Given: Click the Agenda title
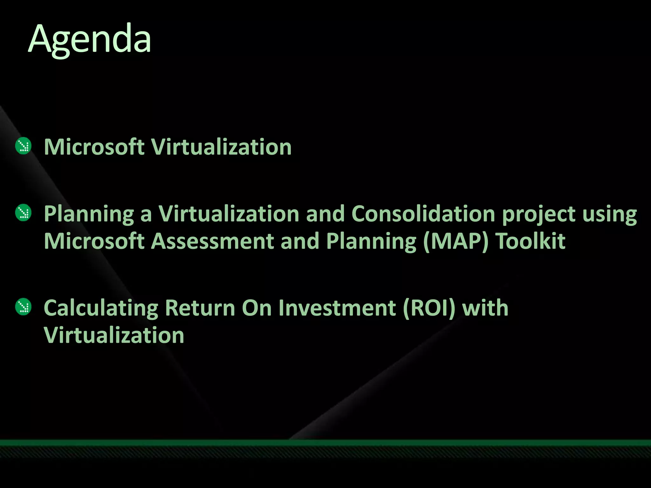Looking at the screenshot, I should [90, 40].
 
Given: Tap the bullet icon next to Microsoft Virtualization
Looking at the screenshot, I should [23, 146].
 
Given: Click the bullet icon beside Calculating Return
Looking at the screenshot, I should [23, 307].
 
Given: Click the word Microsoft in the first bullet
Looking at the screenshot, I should [94, 147].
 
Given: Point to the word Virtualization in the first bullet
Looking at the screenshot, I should [221, 147].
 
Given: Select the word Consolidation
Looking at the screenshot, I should [423, 213].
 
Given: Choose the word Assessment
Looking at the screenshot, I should [212, 241].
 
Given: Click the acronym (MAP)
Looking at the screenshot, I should [456, 241].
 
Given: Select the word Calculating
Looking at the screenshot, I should [101, 308].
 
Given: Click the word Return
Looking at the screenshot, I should [200, 308].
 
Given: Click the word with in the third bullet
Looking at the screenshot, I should [485, 308].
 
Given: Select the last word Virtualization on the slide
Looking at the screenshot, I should [114, 335].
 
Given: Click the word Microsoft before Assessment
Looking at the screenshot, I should [94, 241].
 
